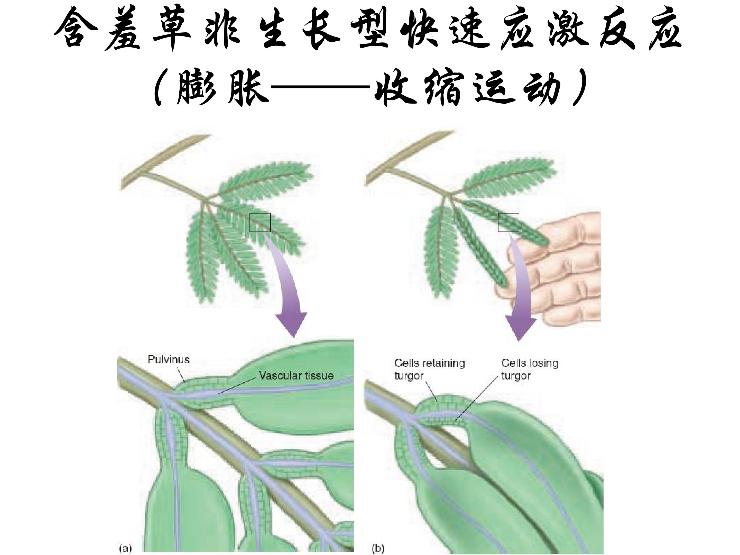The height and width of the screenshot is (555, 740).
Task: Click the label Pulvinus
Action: pyautogui.click(x=168, y=360)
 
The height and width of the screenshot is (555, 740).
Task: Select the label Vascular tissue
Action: pyautogui.click(x=296, y=375)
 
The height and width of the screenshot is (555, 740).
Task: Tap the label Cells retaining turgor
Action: pyautogui.click(x=430, y=369)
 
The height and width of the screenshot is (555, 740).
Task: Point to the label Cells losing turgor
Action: pyautogui.click(x=530, y=369)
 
